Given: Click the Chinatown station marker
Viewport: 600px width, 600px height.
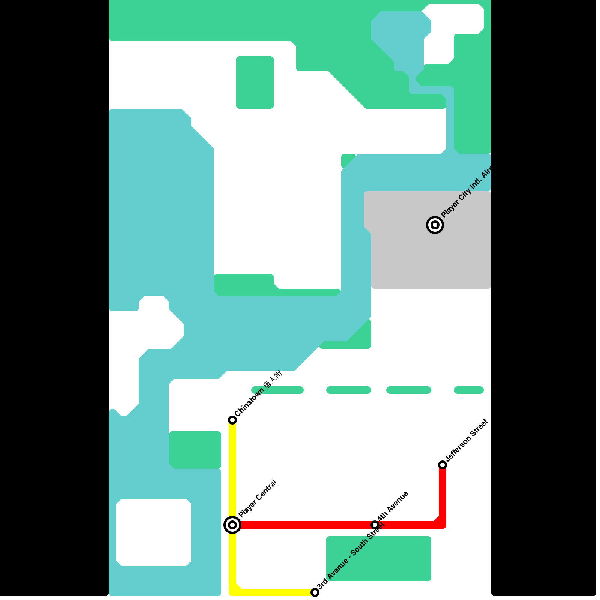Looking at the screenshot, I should coord(232,420).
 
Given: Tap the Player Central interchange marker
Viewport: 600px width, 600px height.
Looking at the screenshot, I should coord(232,525).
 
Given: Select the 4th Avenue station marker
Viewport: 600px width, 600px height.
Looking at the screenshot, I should coord(375,525).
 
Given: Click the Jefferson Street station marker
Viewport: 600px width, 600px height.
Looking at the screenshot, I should coord(442,465).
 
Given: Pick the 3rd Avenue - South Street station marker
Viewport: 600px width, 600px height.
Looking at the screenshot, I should coord(315,592).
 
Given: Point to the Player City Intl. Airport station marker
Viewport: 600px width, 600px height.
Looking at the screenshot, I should coord(435,225).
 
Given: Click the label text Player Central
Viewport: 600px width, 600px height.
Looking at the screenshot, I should coord(258,498).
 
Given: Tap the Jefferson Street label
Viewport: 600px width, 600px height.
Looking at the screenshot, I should coord(467,440).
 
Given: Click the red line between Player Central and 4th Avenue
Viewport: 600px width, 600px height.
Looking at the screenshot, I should coord(304,525).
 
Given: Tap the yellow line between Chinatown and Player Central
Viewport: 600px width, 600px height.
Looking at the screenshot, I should coord(232,472).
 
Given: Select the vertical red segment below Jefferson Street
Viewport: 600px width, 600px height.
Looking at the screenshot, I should coord(442,495).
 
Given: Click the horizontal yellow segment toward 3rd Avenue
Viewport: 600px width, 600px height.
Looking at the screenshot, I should coord(277,592).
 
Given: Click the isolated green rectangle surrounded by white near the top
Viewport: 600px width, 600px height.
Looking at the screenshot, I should coord(255,82).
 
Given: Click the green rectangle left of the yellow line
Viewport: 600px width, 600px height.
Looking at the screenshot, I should coord(195,450).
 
